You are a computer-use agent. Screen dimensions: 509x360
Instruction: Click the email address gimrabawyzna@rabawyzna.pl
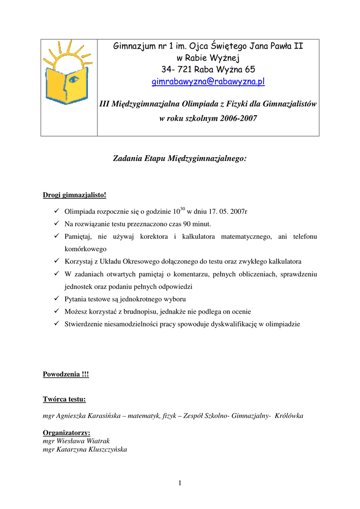208,82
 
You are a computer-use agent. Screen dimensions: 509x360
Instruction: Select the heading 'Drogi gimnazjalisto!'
75,194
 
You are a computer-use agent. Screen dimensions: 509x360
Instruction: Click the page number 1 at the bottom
180,483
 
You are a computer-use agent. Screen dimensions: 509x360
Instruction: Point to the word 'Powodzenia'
60,374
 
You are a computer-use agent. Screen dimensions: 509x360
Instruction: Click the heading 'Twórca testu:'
64,399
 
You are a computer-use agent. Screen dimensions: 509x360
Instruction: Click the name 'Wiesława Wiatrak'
85,441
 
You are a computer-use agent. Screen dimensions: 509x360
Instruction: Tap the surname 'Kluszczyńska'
107,449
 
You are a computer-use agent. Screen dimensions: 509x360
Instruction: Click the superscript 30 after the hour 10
182,208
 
